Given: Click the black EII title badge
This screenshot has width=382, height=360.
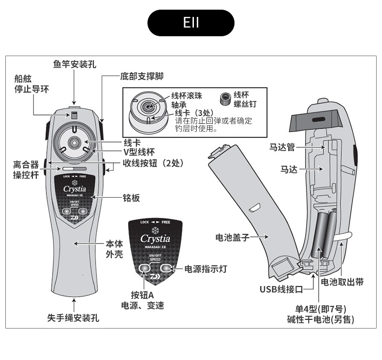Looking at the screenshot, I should [191, 23].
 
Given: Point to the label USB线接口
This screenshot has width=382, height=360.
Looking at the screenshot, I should [280, 289].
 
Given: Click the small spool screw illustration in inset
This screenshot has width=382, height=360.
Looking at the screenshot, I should [224, 99].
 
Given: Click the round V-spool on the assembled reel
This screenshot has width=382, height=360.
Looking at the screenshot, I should [74, 141].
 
